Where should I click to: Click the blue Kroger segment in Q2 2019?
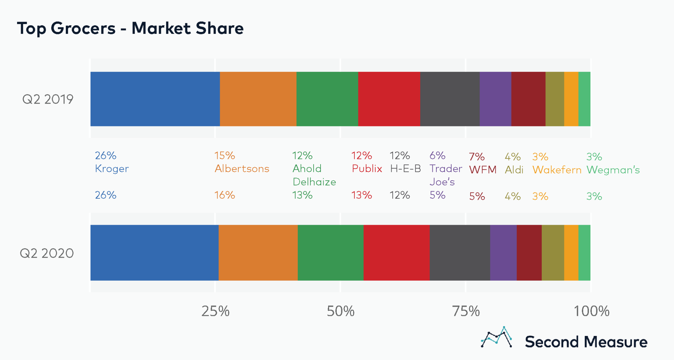pos(155,99)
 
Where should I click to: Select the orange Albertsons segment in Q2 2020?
pos(258,252)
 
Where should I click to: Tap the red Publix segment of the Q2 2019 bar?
pos(389,99)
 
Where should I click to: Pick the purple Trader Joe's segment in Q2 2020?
pos(503,252)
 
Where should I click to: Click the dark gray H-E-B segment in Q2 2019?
pos(450,99)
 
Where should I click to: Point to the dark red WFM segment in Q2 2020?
pos(529,252)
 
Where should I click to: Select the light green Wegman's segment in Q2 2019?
pos(584,99)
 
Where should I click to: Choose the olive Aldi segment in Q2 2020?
pos(553,252)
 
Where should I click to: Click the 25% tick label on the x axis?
pos(215,311)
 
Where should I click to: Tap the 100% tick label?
pos(591,311)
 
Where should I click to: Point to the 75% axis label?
pos(466,311)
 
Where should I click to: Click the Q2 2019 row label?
pos(48,99)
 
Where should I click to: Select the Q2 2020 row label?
pos(47,253)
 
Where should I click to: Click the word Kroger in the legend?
pos(112,168)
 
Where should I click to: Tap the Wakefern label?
pos(557,170)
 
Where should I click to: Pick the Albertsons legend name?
pos(242,168)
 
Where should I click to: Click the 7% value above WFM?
pos(477,157)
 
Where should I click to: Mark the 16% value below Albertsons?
pos(224,195)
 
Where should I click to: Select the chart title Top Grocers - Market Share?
pos(130,28)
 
